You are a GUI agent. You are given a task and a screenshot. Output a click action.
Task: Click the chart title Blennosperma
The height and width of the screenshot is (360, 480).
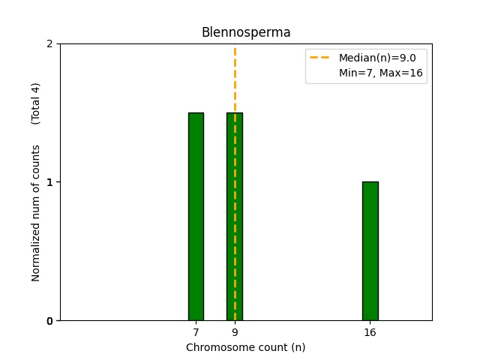click(246, 32)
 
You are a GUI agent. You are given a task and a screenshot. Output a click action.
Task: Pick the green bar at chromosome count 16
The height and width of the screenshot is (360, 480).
click(370, 250)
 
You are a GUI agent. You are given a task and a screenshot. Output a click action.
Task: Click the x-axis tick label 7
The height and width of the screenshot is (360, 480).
click(196, 332)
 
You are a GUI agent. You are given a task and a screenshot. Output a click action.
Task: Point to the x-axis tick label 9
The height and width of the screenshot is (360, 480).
click(235, 332)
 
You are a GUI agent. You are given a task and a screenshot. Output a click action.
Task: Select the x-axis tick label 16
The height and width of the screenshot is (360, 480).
click(370, 332)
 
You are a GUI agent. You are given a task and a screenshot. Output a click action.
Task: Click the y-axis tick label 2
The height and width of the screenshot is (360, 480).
click(50, 43)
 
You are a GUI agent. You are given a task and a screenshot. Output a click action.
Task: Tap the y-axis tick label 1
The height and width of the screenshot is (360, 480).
click(50, 182)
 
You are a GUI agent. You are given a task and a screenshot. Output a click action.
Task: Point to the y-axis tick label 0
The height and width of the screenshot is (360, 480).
click(50, 321)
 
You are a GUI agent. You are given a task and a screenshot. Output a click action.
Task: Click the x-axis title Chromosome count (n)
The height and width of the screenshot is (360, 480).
click(246, 347)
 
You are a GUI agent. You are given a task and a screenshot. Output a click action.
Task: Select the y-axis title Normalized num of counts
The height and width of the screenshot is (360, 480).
click(36, 213)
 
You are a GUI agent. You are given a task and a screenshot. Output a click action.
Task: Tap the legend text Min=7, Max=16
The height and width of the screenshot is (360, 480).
click(380, 73)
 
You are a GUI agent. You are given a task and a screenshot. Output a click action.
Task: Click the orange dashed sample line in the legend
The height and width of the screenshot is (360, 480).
click(322, 58)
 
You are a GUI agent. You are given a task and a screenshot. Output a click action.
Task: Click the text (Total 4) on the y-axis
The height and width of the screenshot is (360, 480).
click(36, 103)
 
